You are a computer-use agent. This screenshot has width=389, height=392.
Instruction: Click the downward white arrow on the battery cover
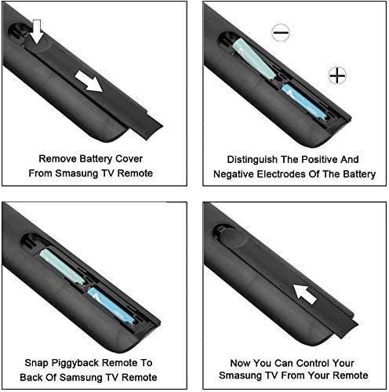coord(38,31)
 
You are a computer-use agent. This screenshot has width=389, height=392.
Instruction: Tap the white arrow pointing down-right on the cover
coord(89,82)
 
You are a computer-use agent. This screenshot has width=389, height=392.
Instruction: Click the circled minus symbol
coord(281,33)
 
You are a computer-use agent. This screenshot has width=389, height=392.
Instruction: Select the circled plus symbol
coord(337,75)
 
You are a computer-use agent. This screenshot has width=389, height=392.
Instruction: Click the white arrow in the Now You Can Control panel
coord(305,294)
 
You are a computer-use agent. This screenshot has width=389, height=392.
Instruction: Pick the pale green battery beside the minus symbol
coord(253,59)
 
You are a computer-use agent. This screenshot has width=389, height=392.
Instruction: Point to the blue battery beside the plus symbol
coord(304,102)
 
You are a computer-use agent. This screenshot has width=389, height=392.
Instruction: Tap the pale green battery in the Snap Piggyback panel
coord(62,267)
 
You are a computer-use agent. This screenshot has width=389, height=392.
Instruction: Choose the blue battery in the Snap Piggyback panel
coord(111,306)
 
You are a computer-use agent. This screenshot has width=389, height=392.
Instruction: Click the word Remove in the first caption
coord(58,158)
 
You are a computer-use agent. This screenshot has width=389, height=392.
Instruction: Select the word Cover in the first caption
coord(129,158)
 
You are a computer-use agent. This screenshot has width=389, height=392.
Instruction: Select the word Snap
coord(36,363)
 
